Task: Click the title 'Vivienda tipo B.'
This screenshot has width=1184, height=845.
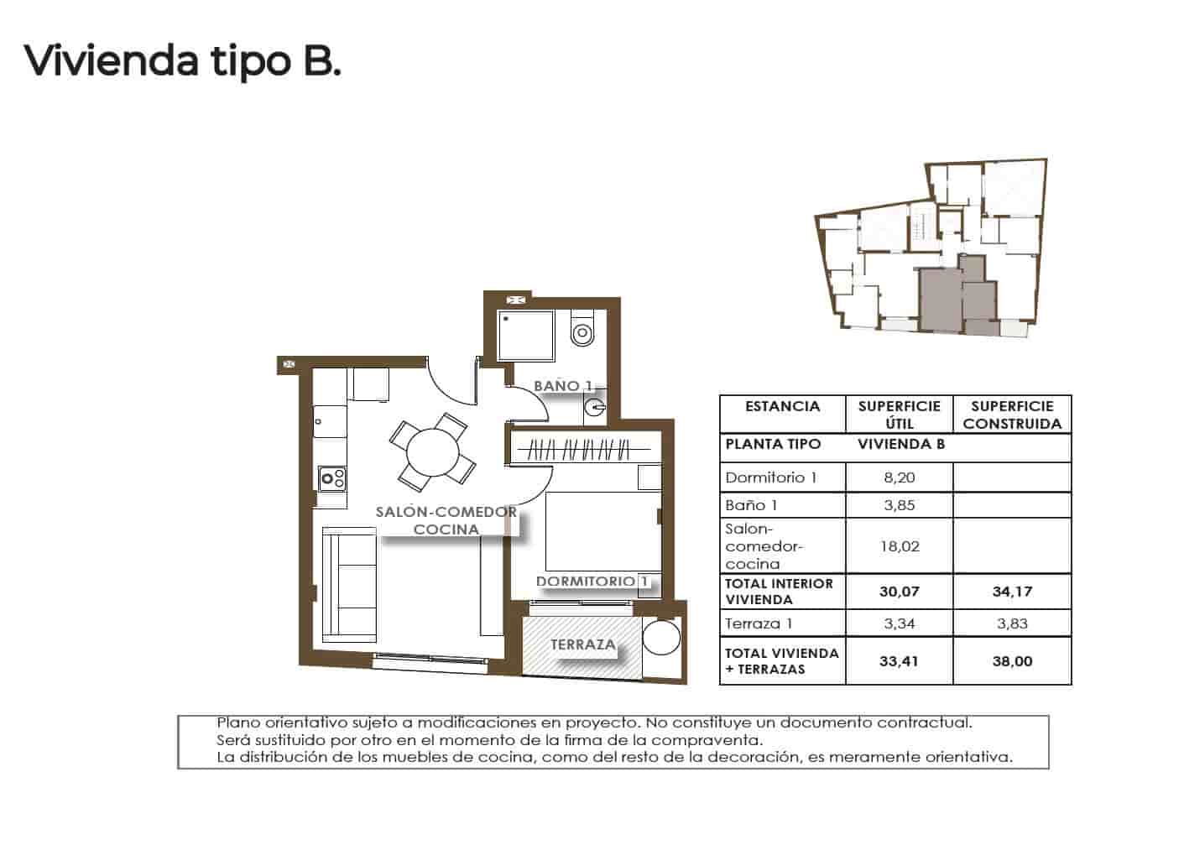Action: tap(183, 60)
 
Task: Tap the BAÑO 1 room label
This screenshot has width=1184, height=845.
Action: tap(563, 386)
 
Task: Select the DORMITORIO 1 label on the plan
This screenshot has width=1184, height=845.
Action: tap(592, 582)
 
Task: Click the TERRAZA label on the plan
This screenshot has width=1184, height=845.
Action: tap(582, 645)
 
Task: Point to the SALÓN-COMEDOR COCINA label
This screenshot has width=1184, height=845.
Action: tap(446, 520)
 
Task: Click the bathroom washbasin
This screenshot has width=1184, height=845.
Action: tap(596, 409)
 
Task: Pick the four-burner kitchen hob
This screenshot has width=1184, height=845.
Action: tap(332, 478)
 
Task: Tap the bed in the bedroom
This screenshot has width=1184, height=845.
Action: tap(599, 531)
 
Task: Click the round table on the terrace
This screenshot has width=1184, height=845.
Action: tap(661, 637)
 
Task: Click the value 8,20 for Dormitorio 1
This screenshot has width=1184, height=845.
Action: tap(900, 477)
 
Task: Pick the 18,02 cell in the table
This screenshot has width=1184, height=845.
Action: tap(900, 546)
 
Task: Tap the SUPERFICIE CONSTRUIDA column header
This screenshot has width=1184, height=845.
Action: tap(1012, 415)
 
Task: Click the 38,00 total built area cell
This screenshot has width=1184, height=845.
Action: tap(1012, 661)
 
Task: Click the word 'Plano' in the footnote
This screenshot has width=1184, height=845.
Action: tap(237, 722)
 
